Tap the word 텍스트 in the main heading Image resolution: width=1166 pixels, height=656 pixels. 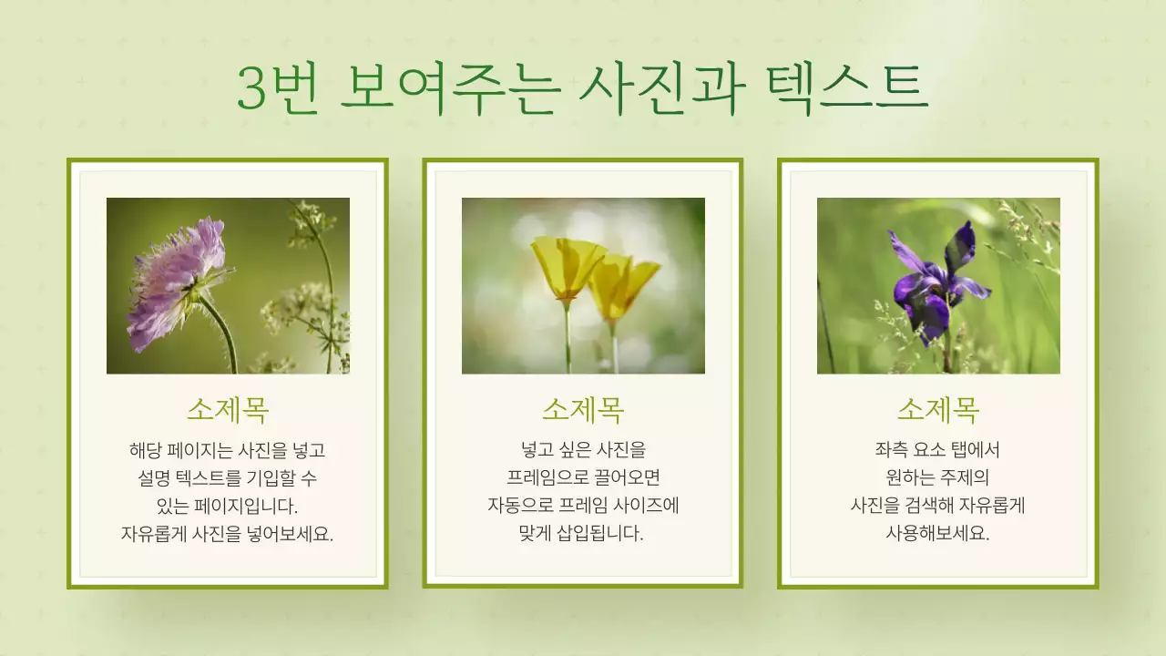847,88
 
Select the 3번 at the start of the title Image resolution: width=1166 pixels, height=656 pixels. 277,88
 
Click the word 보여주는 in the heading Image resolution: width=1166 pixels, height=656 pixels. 445,88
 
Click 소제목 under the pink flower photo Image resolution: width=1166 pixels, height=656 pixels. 228,410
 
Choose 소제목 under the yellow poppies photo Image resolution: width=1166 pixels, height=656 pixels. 583,410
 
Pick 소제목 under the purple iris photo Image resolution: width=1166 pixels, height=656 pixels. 938,410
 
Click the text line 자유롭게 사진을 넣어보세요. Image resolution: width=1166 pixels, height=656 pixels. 228,534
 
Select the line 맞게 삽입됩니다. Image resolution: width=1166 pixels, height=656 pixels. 583,534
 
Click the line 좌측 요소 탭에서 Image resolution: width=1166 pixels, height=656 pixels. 938,449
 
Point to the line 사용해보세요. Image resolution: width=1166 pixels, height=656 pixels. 938,534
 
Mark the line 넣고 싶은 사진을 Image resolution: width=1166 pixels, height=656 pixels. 583,449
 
